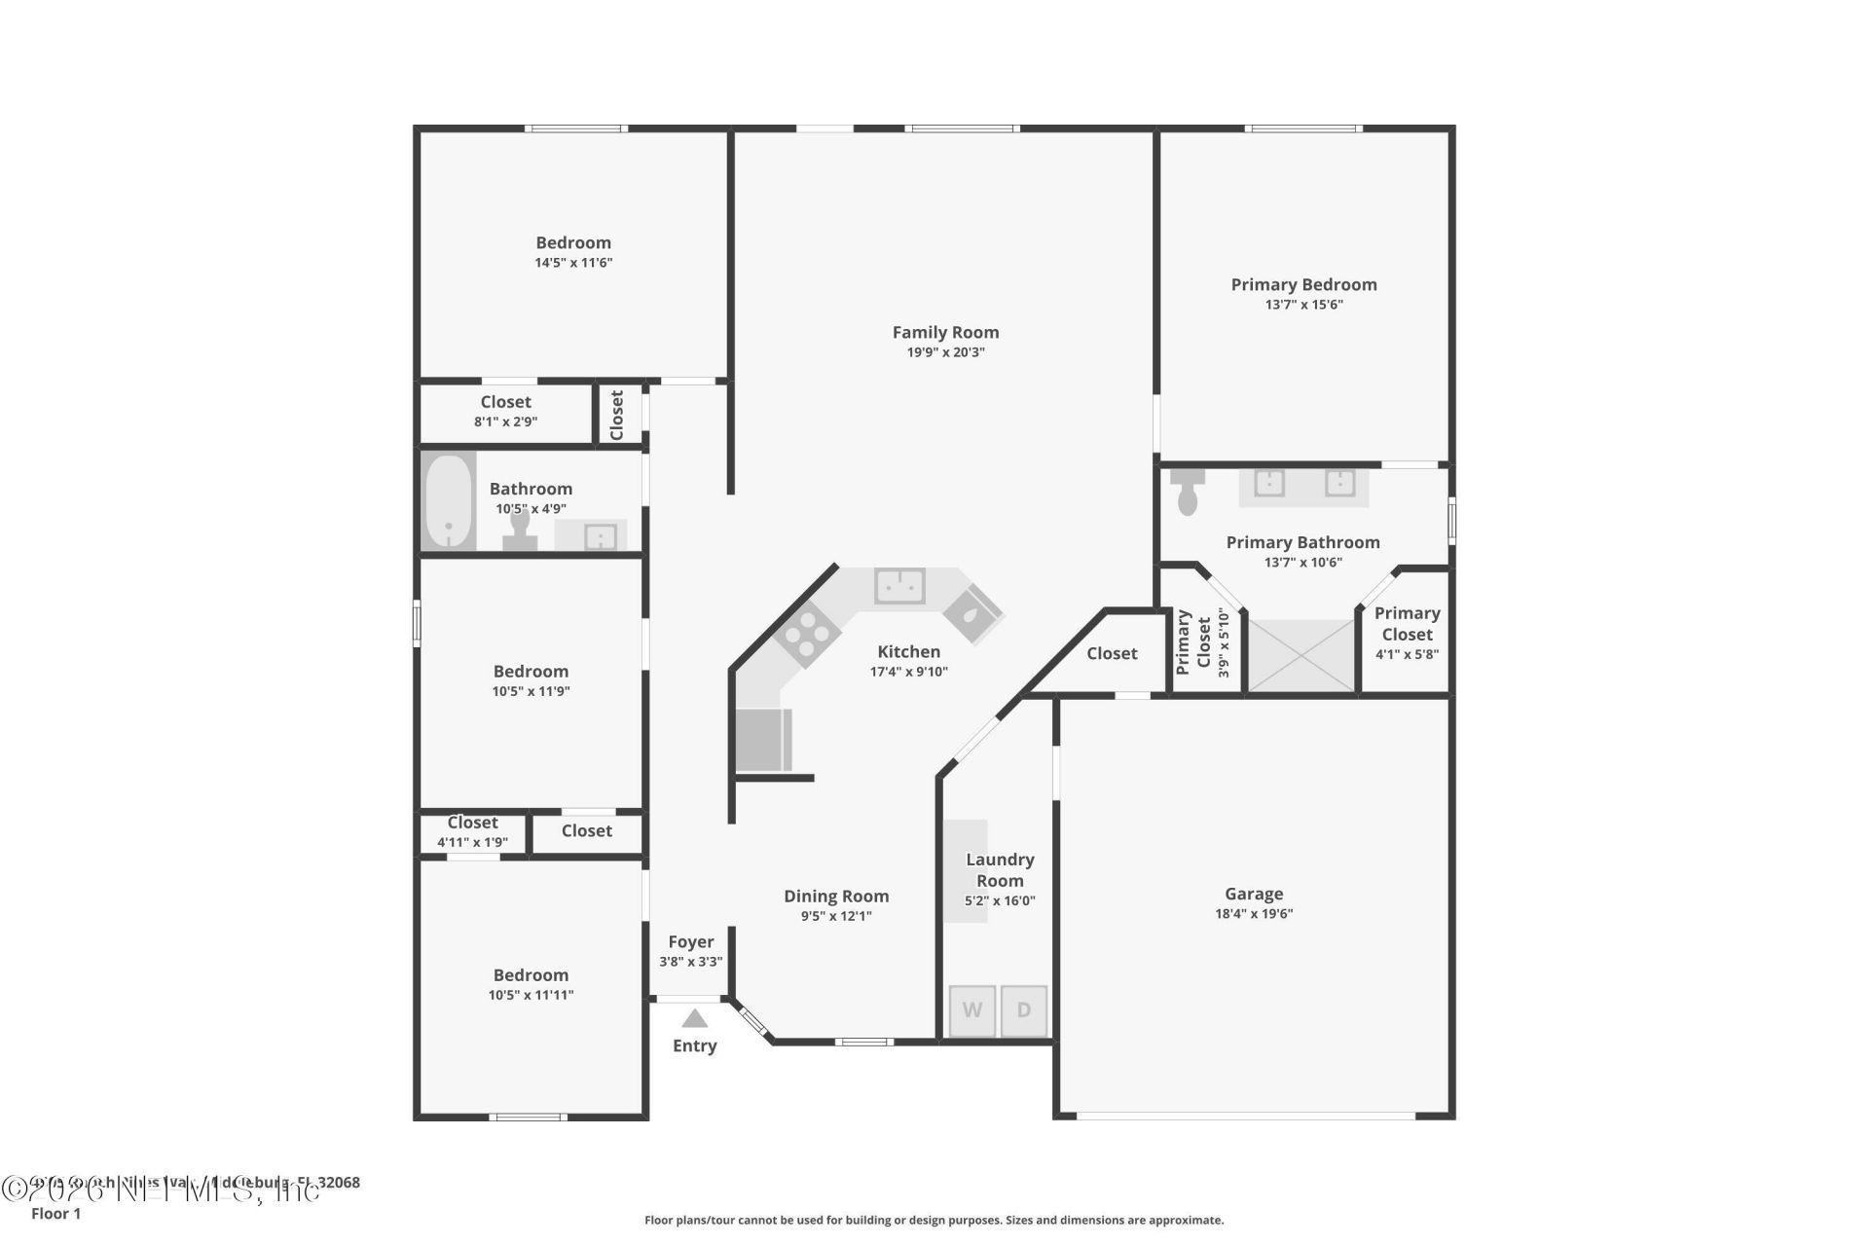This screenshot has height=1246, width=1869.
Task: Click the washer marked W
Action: (x=971, y=1010)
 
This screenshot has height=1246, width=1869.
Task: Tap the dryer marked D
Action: (x=1024, y=1010)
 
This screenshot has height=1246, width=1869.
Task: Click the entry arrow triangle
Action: (x=694, y=1019)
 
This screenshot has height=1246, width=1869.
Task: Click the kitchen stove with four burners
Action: (x=807, y=635)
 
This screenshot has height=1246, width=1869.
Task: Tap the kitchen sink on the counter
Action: (x=899, y=586)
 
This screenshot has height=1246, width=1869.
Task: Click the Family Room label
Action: (x=945, y=332)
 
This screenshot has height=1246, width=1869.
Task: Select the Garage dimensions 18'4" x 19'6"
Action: (x=1253, y=914)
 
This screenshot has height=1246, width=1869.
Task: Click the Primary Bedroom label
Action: (x=1303, y=284)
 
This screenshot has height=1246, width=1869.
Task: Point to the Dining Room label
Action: (x=836, y=896)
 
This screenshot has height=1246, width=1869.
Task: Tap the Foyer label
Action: (x=690, y=941)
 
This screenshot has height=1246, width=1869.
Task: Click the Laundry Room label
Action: (x=1000, y=869)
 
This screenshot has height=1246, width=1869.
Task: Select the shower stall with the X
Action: (x=1301, y=656)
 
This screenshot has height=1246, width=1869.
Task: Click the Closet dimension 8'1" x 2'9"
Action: (x=505, y=421)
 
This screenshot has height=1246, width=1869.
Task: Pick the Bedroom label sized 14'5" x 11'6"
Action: (x=573, y=242)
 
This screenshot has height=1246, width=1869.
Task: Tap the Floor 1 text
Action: (x=55, y=1213)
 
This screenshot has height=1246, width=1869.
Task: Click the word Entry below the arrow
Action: (x=694, y=1045)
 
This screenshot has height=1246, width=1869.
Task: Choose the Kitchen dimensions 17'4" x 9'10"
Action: (x=908, y=672)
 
